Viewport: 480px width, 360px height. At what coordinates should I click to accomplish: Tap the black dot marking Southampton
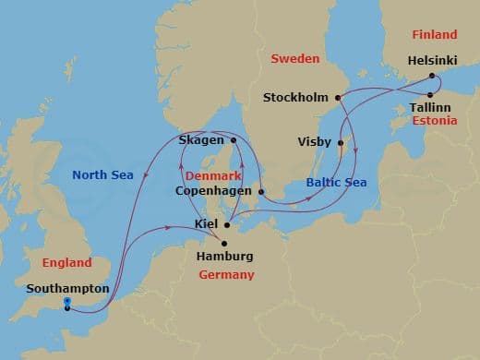pos(68,308)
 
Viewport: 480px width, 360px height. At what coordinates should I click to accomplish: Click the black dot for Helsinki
pos(432,76)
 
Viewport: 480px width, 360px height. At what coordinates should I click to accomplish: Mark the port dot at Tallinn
pos(431,93)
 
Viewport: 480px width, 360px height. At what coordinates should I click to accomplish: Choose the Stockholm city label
pos(296,97)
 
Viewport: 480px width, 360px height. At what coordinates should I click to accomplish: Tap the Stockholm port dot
pos(338,97)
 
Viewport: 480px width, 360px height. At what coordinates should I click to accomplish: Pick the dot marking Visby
pos(341,143)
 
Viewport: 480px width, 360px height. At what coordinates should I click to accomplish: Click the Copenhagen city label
pos(211,192)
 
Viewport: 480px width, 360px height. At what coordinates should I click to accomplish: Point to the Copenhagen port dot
pos(261,192)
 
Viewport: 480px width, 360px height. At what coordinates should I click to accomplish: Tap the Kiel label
pos(207,224)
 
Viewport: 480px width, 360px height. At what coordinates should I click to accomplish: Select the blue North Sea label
pos(103,174)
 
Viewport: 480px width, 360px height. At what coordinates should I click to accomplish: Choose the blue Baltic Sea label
pos(336,183)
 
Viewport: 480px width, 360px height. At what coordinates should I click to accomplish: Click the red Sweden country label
pos(294,59)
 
